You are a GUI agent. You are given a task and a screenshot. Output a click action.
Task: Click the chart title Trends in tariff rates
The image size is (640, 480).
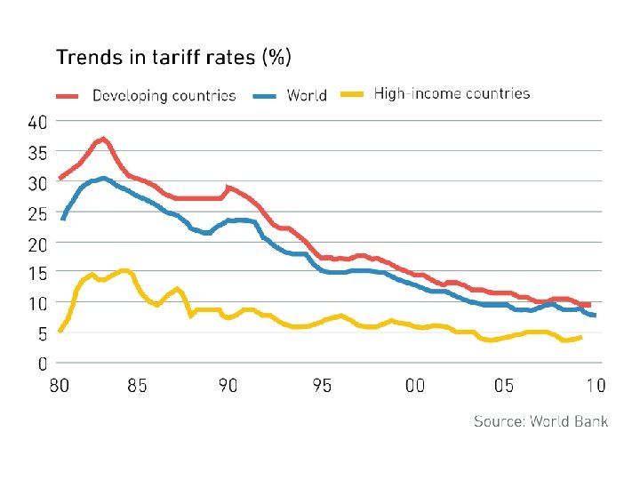coord(173,59)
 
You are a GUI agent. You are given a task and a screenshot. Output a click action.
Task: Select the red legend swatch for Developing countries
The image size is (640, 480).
coord(68,94)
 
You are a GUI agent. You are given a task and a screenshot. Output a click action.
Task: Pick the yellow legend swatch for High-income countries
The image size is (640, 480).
coord(354,93)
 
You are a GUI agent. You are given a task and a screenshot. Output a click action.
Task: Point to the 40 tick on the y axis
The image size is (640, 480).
coord(37,122)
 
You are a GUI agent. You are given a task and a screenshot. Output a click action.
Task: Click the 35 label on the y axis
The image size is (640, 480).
coord(37,152)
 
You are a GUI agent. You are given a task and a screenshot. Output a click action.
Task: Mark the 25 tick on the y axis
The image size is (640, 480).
coord(37,213)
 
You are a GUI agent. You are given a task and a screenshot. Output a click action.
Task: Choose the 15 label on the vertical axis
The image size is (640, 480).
coord(37,274)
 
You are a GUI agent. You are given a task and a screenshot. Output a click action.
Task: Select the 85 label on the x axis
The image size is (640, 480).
coord(138,387)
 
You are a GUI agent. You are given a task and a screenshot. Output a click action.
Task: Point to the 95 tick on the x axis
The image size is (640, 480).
coord(322,387)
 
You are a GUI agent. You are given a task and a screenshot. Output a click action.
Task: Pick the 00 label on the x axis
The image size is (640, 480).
coord(414,387)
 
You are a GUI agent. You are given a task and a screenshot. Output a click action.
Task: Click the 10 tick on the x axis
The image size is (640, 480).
coord(595,387)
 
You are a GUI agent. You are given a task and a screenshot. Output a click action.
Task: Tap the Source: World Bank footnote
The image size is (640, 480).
coord(540,420)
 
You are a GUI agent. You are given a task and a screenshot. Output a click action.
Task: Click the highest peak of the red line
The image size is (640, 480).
coord(103,139)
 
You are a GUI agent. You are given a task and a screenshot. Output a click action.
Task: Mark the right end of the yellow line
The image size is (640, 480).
coord(580,337)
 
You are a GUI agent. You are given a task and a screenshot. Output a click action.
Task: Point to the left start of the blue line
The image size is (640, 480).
coord(62,219)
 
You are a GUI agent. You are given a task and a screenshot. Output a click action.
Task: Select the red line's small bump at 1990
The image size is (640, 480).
coord(229,188)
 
